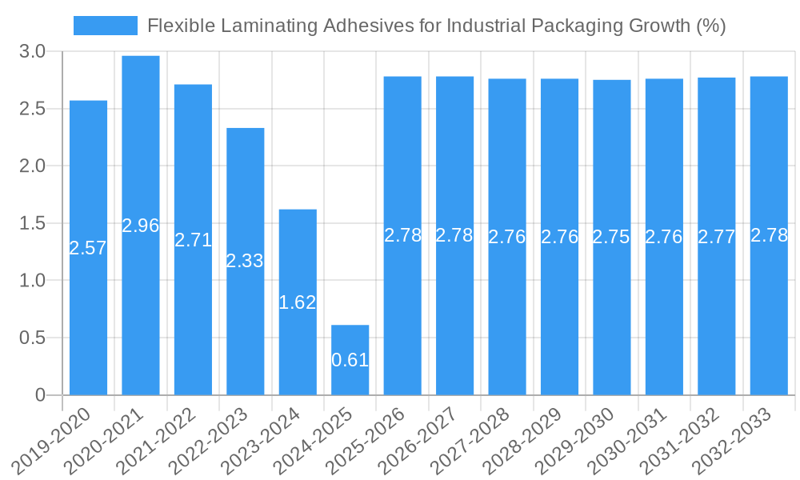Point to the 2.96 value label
141,226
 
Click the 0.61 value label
350,360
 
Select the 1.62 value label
298,302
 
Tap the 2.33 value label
245,261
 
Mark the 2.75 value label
612,237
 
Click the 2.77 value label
717,237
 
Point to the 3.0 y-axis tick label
32,52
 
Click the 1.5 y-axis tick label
32,223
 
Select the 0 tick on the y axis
40,395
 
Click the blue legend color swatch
106,26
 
